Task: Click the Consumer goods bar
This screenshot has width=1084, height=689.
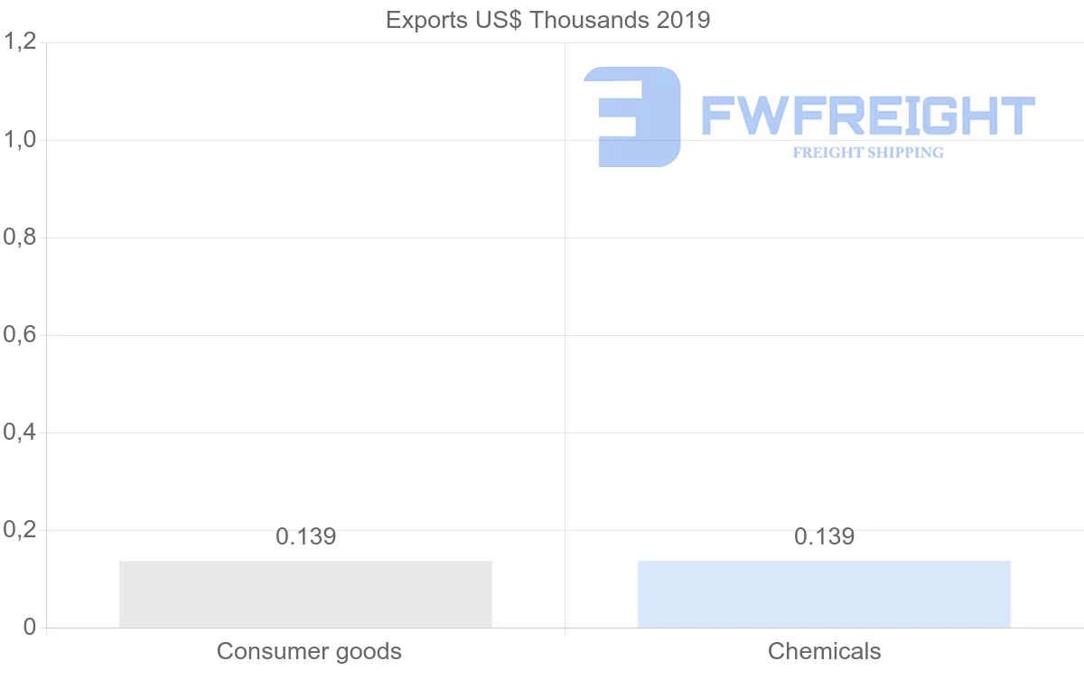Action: click(x=305, y=593)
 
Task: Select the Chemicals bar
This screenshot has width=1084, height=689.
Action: click(x=824, y=593)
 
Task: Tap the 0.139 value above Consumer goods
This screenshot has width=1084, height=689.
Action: click(x=305, y=536)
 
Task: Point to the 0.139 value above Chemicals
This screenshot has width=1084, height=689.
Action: click(x=824, y=536)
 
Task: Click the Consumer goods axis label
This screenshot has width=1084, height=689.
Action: click(x=309, y=651)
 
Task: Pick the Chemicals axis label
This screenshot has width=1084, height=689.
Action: click(x=824, y=651)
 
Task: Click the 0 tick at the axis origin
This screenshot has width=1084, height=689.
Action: click(x=29, y=628)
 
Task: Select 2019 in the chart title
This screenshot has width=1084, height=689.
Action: click(x=685, y=20)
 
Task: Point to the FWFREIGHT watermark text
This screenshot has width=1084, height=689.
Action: click(x=868, y=116)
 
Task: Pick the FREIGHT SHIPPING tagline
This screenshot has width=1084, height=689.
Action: click(x=868, y=153)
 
